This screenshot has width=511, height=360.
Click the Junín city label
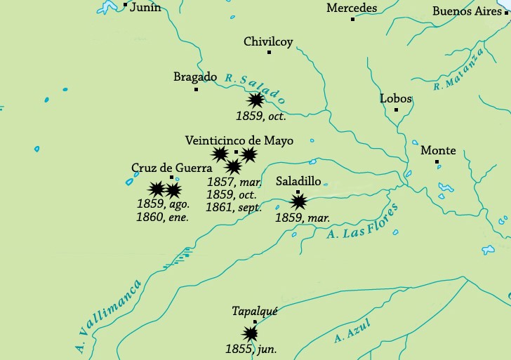click(145, 8)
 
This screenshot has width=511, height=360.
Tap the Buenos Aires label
click(467, 11)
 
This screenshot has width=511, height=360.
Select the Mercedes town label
click(352, 8)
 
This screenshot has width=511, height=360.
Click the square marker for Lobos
click(396, 109)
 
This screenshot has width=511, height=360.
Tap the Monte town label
click(438, 150)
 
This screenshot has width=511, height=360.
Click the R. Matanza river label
click(459, 69)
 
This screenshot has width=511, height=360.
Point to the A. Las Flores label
click(362, 222)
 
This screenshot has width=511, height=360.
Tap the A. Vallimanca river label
click(108, 315)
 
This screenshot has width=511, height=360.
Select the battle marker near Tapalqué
click(250, 334)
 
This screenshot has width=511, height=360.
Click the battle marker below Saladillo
click(299, 202)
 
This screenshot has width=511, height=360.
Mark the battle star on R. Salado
click(256, 100)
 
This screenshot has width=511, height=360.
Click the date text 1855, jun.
click(251, 349)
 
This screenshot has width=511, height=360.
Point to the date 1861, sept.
click(234, 207)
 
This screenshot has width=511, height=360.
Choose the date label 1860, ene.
click(163, 217)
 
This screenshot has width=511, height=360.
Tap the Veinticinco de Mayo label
click(239, 140)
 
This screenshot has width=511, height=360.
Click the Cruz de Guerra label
click(167, 168)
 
